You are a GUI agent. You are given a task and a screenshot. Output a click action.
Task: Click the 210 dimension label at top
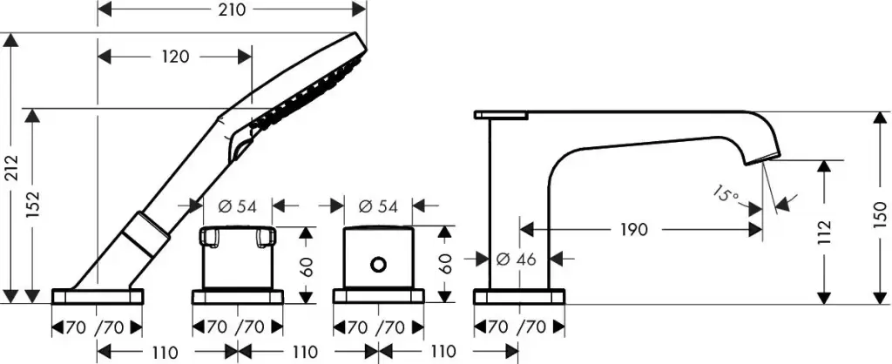pos(230,10)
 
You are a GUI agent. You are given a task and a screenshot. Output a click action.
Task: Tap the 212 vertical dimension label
pos(11,168)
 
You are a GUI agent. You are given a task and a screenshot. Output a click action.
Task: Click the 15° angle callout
pos(726,192)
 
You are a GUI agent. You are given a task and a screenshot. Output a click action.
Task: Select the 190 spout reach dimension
pos(635,230)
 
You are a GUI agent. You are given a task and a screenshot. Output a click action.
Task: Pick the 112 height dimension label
pos(825,232)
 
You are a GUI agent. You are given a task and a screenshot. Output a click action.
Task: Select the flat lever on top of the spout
pos(502,114)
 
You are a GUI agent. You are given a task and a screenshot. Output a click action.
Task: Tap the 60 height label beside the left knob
pos(306,266)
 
